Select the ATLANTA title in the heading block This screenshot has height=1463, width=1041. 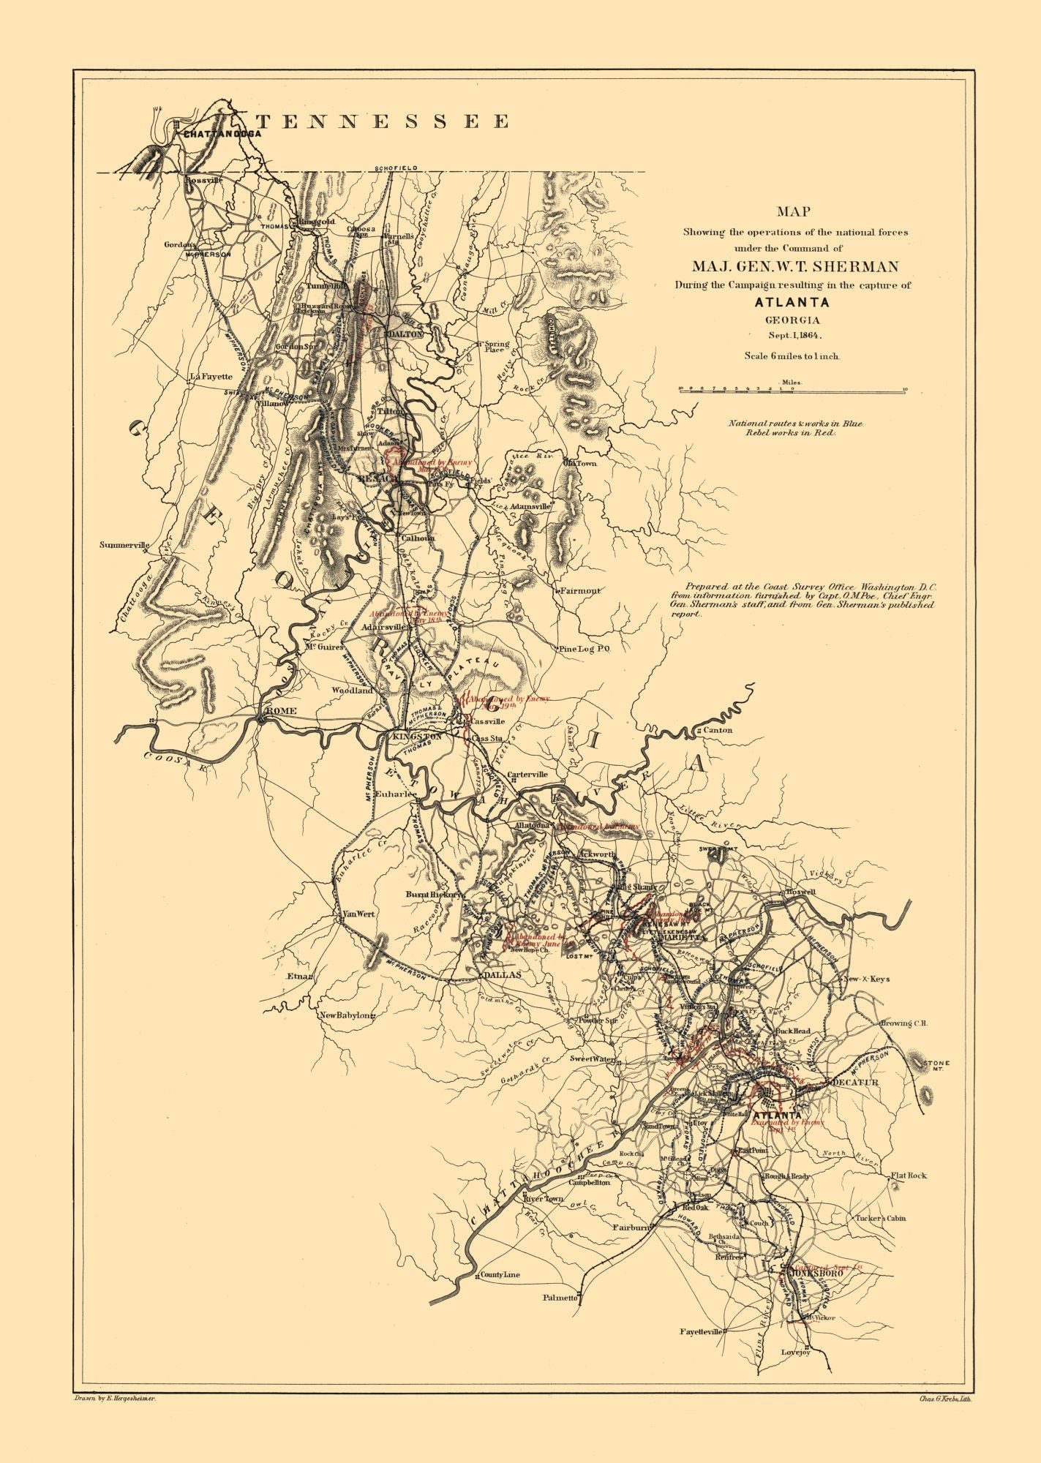coord(793,302)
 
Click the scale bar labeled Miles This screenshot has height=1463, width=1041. coord(792,391)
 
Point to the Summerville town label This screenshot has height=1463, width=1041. coord(124,545)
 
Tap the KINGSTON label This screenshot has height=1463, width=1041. coord(417,737)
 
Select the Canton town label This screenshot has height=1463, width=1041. coord(718,730)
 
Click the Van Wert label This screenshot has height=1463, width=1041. coord(359,914)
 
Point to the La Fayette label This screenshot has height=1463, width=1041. coord(211,377)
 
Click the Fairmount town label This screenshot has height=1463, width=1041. coord(581,590)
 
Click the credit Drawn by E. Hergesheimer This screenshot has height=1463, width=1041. coord(117,1397)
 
